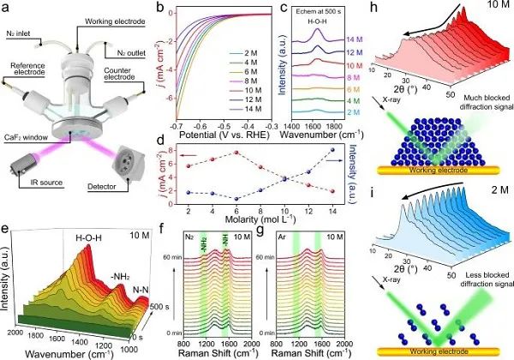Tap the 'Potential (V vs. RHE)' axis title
coord(221,135)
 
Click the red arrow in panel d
coord(198,157)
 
